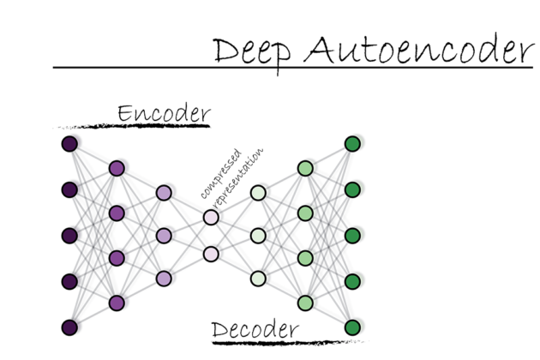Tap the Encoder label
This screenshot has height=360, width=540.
pyautogui.click(x=164, y=113)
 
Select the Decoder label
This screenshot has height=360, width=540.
pyautogui.click(x=255, y=328)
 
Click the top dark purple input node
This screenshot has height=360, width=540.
pyautogui.click(x=70, y=143)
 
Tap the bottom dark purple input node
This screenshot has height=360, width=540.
pyautogui.click(x=70, y=327)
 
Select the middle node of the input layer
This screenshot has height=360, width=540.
pyautogui.click(x=70, y=235)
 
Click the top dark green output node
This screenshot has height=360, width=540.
pyautogui.click(x=351, y=143)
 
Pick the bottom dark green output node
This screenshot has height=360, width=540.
pyautogui.click(x=351, y=327)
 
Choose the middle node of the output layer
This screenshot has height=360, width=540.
pyautogui.click(x=351, y=235)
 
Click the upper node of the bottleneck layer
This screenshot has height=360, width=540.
pyautogui.click(x=211, y=217)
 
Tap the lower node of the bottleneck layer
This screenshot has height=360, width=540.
pyautogui.click(x=211, y=254)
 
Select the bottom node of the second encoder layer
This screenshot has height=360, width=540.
pyautogui.click(x=117, y=303)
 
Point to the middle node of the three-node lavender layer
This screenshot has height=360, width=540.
pyautogui.click(x=164, y=235)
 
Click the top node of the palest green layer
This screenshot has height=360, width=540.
pyautogui.click(x=258, y=193)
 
